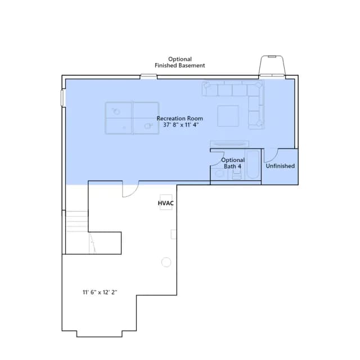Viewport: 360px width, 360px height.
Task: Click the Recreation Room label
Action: pyautogui.click(x=180, y=119)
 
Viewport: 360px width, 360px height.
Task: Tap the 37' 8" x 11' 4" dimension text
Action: pyautogui.click(x=181, y=125)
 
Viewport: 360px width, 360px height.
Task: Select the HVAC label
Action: pyautogui.click(x=166, y=203)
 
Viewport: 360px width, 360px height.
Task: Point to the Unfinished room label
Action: pyautogui.click(x=280, y=166)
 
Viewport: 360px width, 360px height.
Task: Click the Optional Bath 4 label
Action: pyautogui.click(x=233, y=163)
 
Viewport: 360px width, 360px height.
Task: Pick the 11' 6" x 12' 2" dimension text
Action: pyautogui.click(x=100, y=292)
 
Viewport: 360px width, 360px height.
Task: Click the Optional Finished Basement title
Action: pyautogui.click(x=180, y=62)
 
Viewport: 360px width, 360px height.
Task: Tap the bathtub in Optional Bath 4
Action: pyautogui.click(x=253, y=165)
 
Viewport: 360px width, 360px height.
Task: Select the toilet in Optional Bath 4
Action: pyautogui.click(x=219, y=174)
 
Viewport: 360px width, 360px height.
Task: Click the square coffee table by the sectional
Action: pyautogui.click(x=228, y=116)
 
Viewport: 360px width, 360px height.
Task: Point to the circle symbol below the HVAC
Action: pyautogui.click(x=166, y=262)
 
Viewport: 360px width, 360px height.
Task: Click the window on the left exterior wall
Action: pyautogui.click(x=62, y=98)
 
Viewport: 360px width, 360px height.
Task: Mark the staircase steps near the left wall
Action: pyautogui.click(x=76, y=221)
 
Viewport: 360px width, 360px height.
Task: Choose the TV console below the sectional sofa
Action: pyautogui.click(x=229, y=144)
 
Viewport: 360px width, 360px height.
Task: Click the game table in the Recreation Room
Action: pyautogui.click(x=132, y=118)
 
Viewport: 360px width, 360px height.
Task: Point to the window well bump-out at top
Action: pyautogui.click(x=272, y=65)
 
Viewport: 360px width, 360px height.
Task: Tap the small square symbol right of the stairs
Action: pyautogui.click(x=174, y=234)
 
